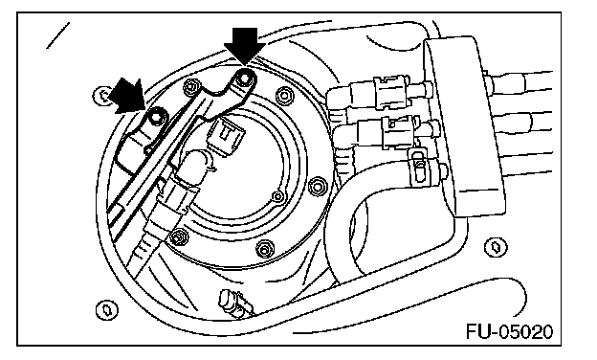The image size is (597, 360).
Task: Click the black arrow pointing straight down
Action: (x=244, y=44)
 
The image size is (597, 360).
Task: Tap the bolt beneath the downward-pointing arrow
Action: (x=244, y=79)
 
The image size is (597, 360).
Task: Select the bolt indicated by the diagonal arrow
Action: (x=155, y=118)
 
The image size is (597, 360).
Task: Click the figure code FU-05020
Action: (x=509, y=332)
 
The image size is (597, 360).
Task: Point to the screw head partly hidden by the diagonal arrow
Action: (x=101, y=96)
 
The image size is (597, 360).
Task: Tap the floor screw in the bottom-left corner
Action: (x=106, y=309)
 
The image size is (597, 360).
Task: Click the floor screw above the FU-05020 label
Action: (x=496, y=247)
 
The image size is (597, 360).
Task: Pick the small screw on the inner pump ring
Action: (x=278, y=197)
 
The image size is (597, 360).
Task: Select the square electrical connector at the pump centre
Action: (x=227, y=136)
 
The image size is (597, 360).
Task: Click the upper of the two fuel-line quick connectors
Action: (x=391, y=92)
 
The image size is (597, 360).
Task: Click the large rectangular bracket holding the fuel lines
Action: (x=463, y=125)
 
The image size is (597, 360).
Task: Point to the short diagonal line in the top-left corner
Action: (x=57, y=35)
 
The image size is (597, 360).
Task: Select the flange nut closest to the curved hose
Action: (x=318, y=187)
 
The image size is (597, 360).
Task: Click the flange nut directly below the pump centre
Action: (x=264, y=250)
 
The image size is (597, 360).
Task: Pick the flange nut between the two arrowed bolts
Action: (x=190, y=88)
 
